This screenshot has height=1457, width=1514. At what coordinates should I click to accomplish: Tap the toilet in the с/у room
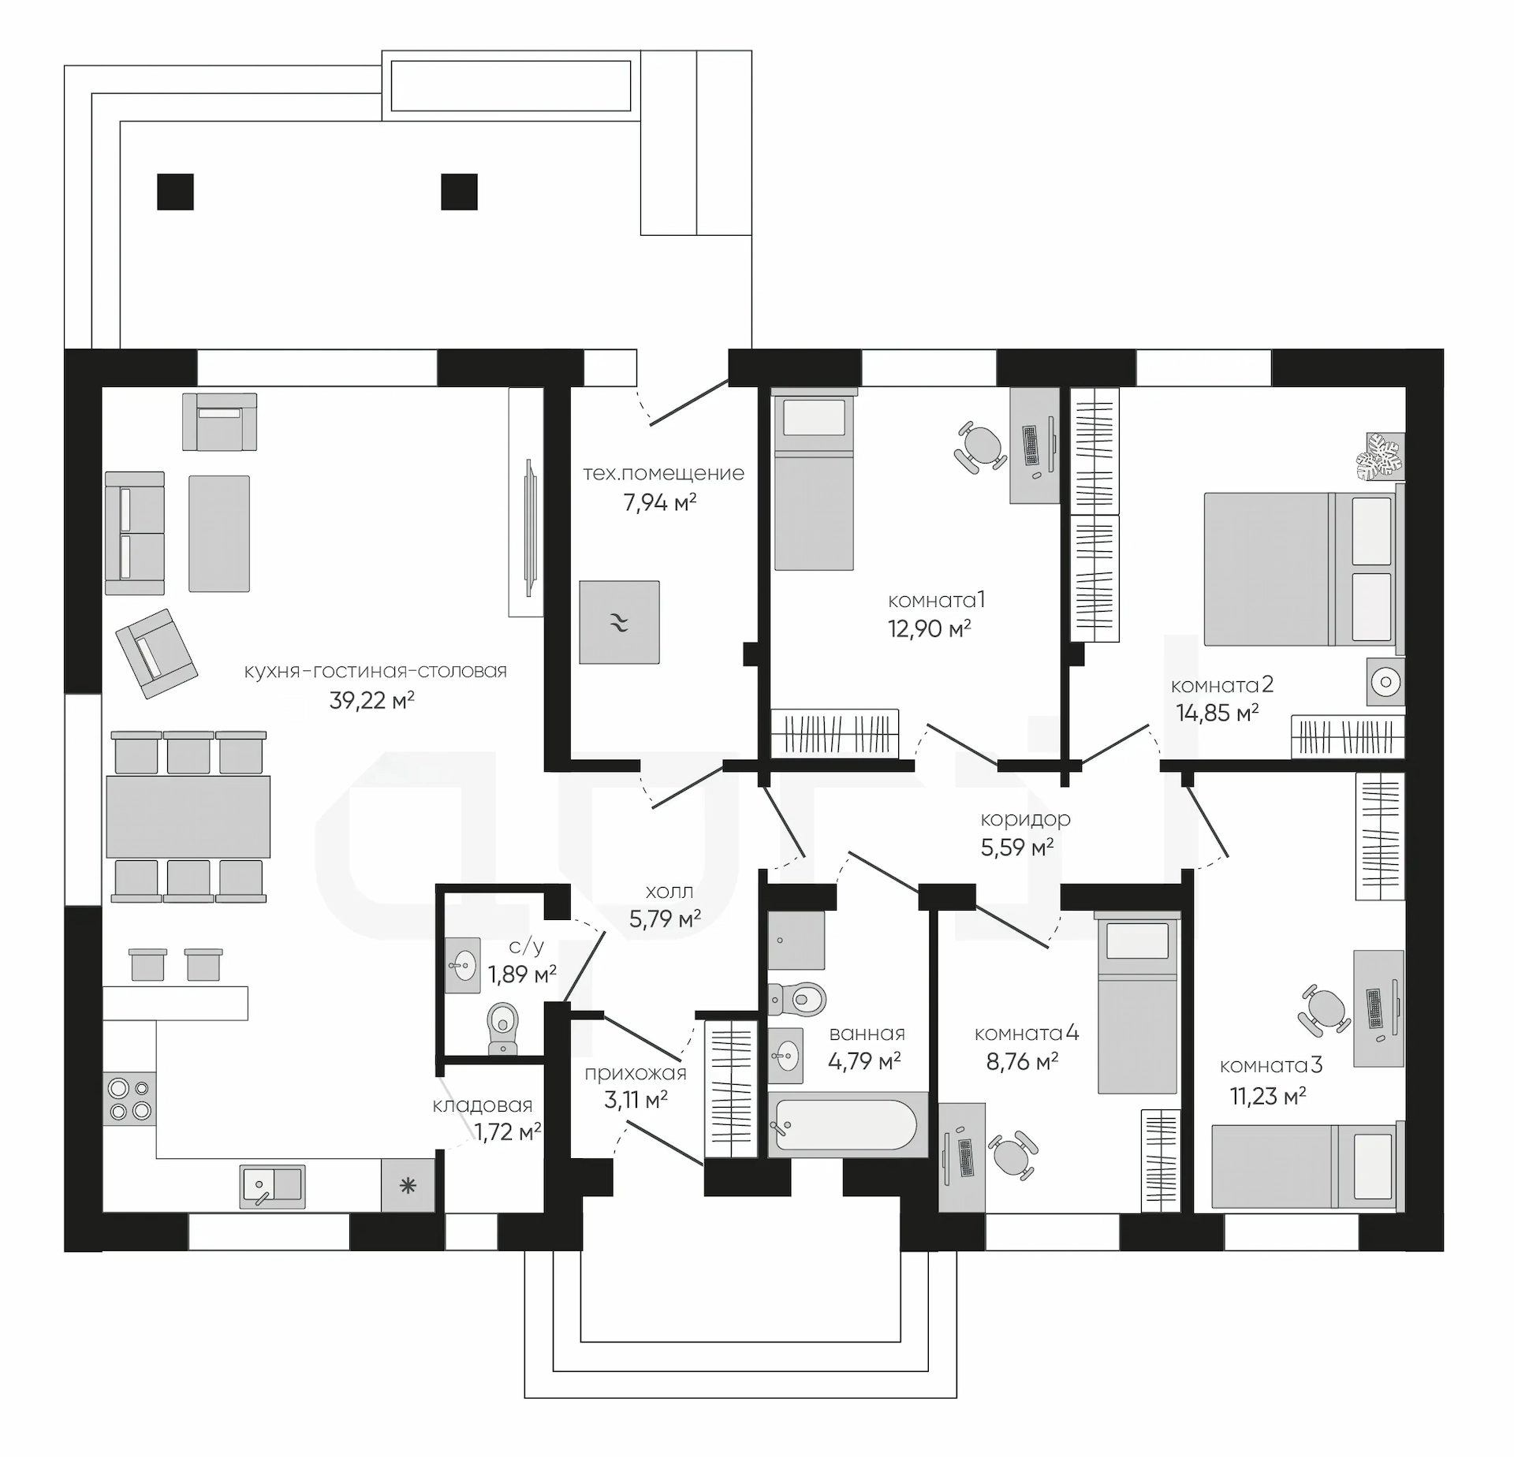[x=503, y=1027]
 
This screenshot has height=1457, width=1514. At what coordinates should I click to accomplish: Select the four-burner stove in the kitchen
[x=130, y=1099]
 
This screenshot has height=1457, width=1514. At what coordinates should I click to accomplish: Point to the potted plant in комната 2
[x=1381, y=456]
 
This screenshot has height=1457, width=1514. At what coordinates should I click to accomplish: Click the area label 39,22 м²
[x=371, y=700]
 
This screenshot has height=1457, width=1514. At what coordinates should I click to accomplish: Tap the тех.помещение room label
[x=663, y=473]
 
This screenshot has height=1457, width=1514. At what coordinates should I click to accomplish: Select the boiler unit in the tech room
[x=619, y=622]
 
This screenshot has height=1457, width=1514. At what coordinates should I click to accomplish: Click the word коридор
[x=1025, y=819]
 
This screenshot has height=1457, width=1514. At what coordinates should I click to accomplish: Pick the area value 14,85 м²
[x=1218, y=713]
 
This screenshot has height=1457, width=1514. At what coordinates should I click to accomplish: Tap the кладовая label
[x=483, y=1105]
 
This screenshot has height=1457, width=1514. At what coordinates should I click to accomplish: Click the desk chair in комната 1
[x=980, y=447]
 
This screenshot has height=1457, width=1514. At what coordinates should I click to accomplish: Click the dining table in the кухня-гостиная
[x=188, y=816]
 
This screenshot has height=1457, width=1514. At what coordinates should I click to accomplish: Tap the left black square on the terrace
[x=175, y=192]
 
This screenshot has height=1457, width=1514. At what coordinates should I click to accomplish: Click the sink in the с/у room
[x=462, y=964]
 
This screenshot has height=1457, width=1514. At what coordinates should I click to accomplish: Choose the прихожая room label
[x=636, y=1073]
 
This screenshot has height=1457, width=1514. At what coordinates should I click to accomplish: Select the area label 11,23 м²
[x=1268, y=1096]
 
